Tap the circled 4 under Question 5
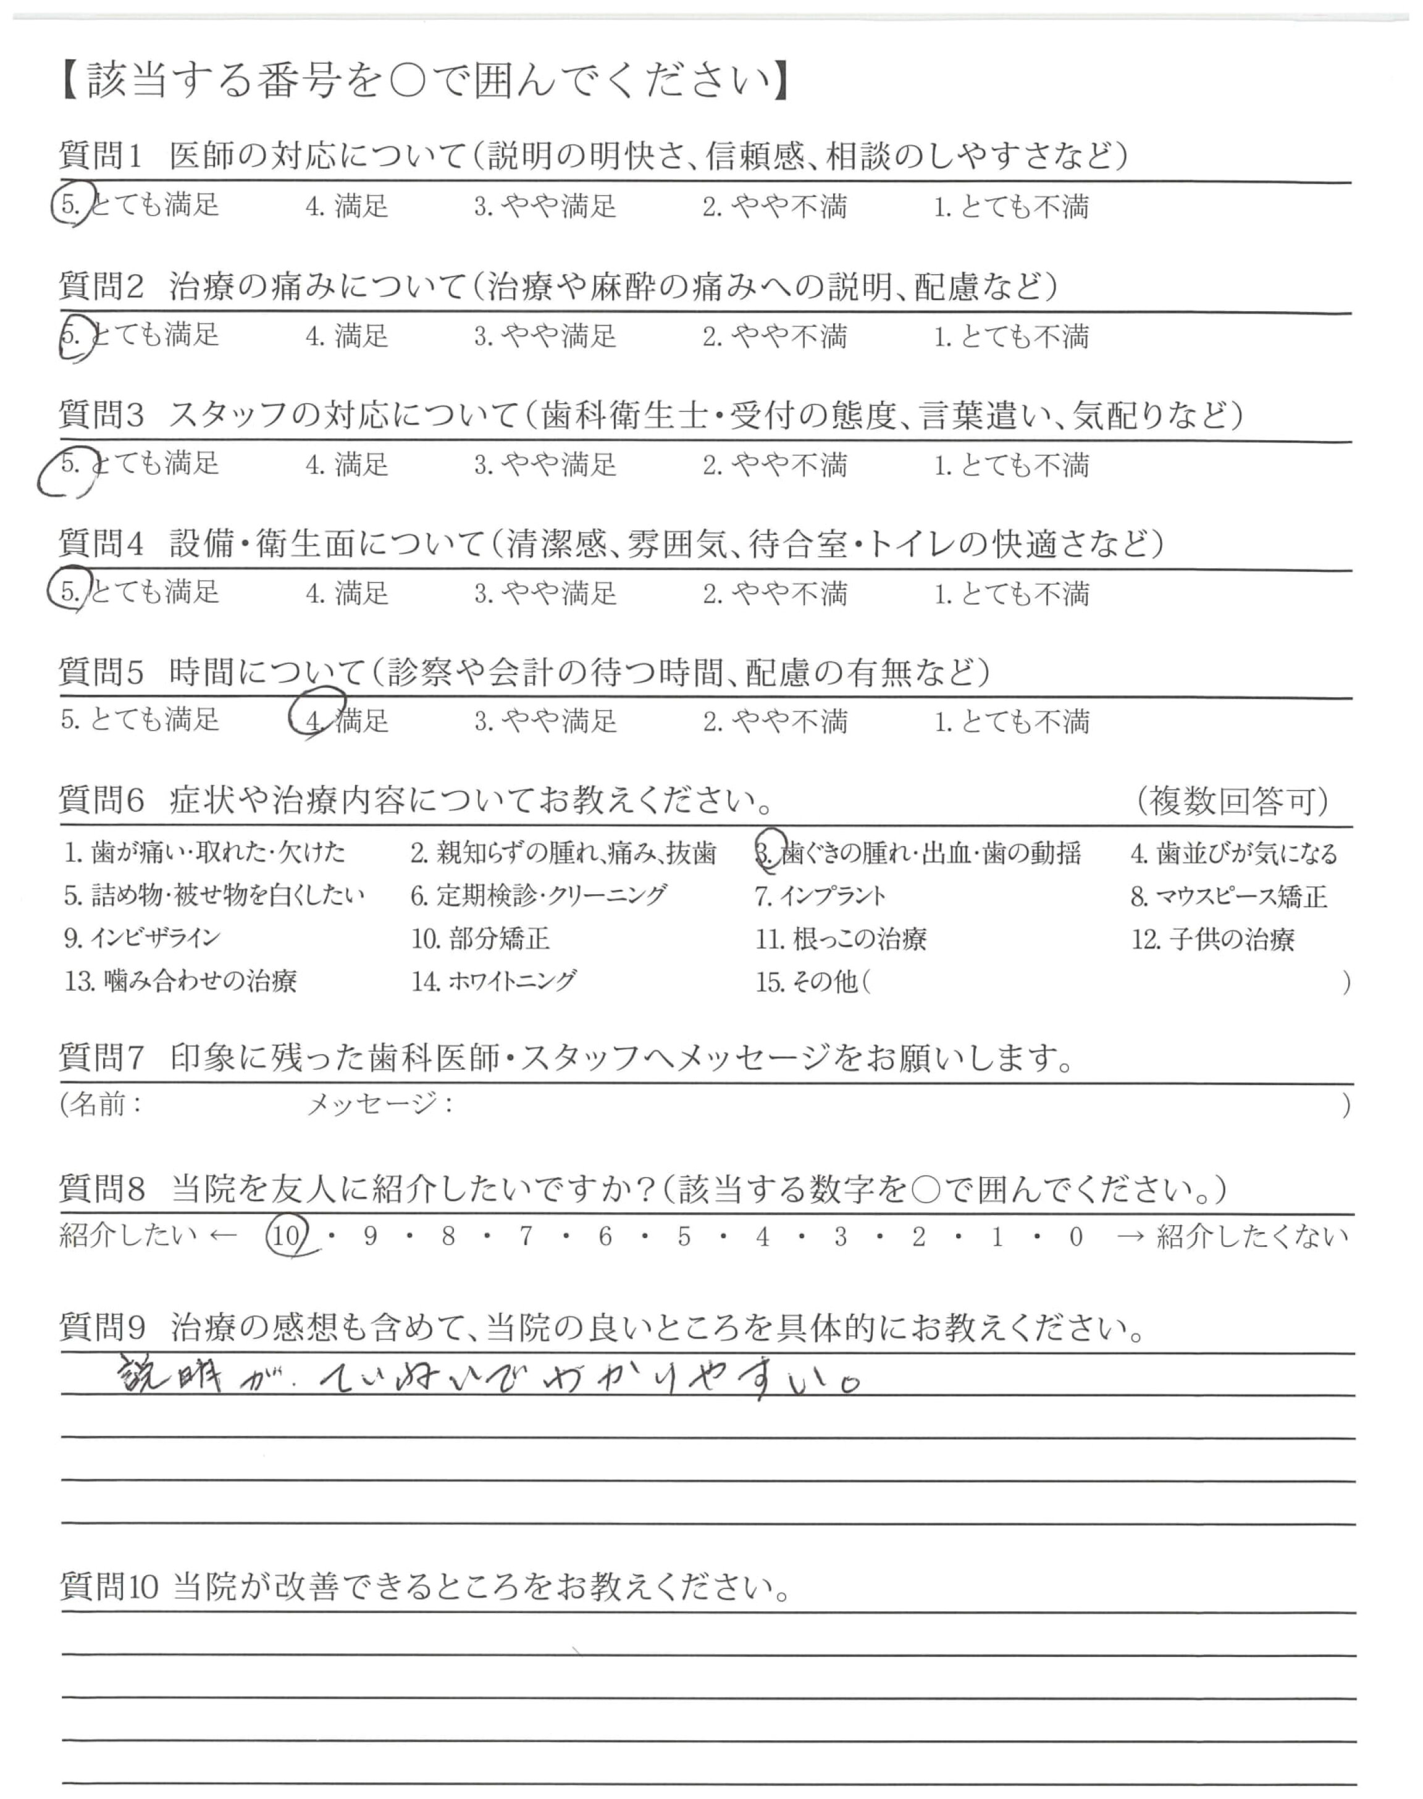(x=315, y=719)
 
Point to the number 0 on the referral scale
(x=1075, y=1237)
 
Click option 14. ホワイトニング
(x=493, y=981)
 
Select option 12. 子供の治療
(x=1212, y=939)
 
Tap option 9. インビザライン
(x=141, y=938)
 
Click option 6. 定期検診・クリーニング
(x=538, y=895)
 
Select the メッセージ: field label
(x=380, y=1104)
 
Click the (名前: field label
(x=101, y=1104)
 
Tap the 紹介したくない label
(x=1251, y=1237)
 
